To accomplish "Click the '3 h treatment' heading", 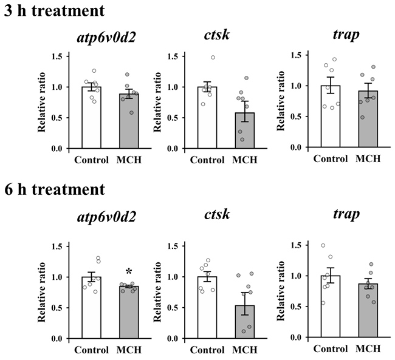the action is click(x=55, y=10).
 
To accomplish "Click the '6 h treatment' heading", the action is click(x=55, y=189).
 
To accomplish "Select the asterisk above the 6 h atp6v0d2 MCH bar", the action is click(x=129, y=272).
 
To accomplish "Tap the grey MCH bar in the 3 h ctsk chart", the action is click(x=245, y=131).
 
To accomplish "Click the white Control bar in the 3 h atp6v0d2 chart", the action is click(x=91, y=118).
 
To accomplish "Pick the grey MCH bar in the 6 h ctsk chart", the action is click(x=245, y=322).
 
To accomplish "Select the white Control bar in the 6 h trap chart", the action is click(x=331, y=307).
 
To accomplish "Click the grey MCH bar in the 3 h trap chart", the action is click(x=368, y=119).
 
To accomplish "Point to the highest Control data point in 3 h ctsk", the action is click(x=213, y=58).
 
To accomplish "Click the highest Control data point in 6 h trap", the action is click(x=323, y=245).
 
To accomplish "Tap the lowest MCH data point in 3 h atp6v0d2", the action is click(x=131, y=112).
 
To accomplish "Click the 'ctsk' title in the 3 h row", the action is click(x=217, y=35).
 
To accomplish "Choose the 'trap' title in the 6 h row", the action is click(x=346, y=214).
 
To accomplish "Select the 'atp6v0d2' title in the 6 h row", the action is click(x=106, y=217).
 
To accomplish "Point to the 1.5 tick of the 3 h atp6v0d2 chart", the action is click(x=67, y=56).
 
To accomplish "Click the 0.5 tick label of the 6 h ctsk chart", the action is click(x=173, y=308).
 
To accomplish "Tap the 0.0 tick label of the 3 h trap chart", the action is click(x=297, y=148).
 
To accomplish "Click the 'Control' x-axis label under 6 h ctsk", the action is click(x=207, y=350).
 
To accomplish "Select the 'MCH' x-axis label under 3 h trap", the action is click(x=368, y=158).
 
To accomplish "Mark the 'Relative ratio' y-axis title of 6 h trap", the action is click(x=281, y=291).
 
